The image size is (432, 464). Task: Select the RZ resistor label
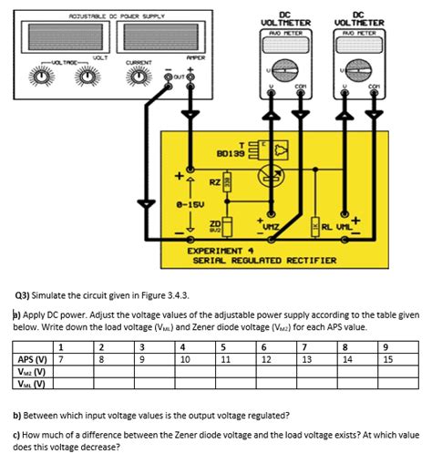[213, 182]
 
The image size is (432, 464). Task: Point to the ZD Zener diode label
[216, 222]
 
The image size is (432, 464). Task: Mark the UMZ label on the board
[272, 227]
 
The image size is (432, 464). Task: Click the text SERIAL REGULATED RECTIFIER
[264, 260]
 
